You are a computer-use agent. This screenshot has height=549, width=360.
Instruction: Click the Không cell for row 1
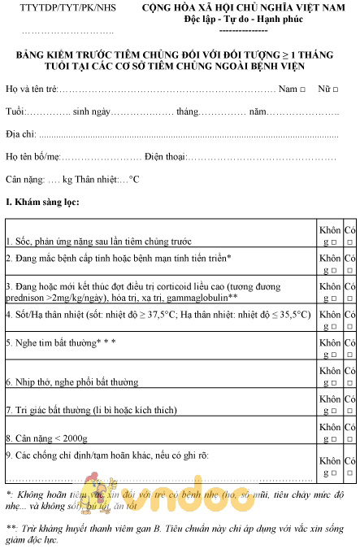tap(330, 235)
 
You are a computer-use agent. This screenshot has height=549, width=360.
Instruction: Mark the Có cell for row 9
tap(349, 465)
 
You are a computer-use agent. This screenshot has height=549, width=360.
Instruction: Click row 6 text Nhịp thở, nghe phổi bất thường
tap(72, 381)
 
